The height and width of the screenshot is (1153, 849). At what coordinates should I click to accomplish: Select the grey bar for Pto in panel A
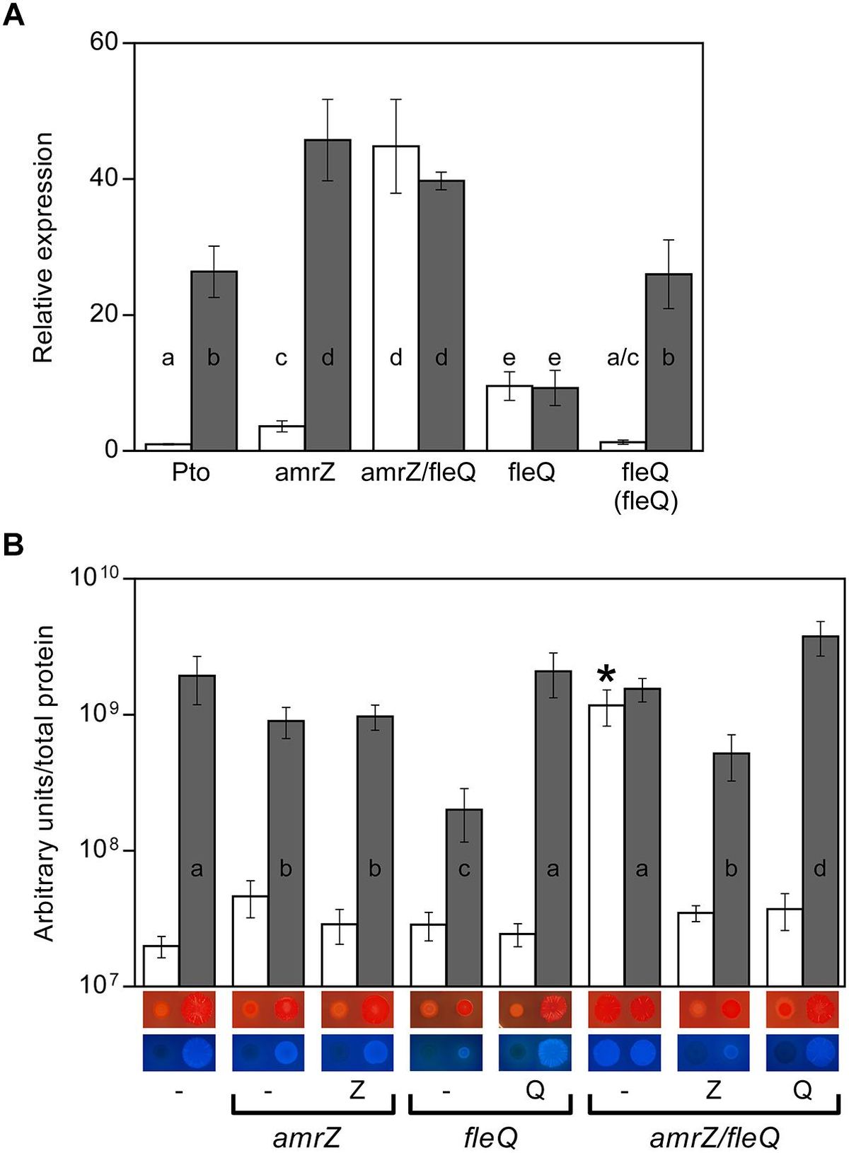(x=214, y=361)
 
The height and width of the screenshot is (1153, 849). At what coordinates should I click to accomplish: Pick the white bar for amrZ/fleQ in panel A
(x=396, y=297)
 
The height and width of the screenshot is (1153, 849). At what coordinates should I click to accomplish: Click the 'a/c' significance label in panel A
(x=623, y=358)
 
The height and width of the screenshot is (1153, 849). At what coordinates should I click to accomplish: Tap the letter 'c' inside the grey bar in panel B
(x=464, y=869)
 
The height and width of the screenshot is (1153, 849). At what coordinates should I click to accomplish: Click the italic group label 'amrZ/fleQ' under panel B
(x=714, y=1138)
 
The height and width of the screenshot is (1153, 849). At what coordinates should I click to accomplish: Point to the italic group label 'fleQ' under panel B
(x=490, y=1138)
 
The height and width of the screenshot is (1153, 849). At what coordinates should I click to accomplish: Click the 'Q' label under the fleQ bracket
(x=536, y=1090)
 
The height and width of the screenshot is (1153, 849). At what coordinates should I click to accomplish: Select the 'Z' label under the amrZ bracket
(x=357, y=1090)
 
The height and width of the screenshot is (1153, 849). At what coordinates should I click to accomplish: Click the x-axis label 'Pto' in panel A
(x=191, y=472)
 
